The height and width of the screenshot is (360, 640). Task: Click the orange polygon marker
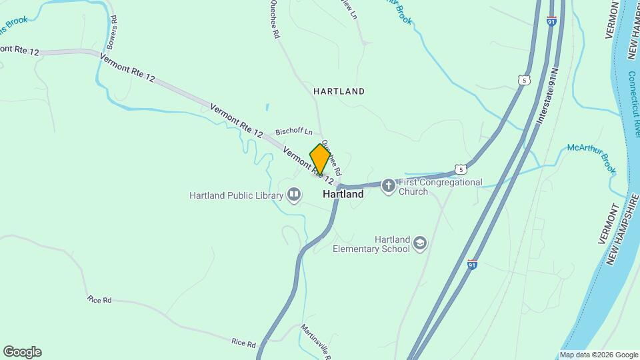(320, 159)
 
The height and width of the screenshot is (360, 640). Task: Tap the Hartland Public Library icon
(294, 195)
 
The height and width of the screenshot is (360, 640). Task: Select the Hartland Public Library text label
(236, 195)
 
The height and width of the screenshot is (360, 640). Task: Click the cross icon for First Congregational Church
(389, 186)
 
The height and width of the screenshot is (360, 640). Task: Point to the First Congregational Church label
(440, 186)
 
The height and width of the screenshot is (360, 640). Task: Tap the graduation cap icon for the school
(419, 243)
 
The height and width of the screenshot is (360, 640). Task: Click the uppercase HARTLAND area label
(339, 91)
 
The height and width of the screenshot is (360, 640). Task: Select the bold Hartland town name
(343, 195)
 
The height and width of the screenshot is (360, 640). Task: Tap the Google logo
(22, 352)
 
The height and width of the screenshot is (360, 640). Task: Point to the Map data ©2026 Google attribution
(599, 355)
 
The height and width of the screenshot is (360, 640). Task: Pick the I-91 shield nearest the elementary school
(472, 265)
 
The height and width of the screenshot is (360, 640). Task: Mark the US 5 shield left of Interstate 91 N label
(524, 80)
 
